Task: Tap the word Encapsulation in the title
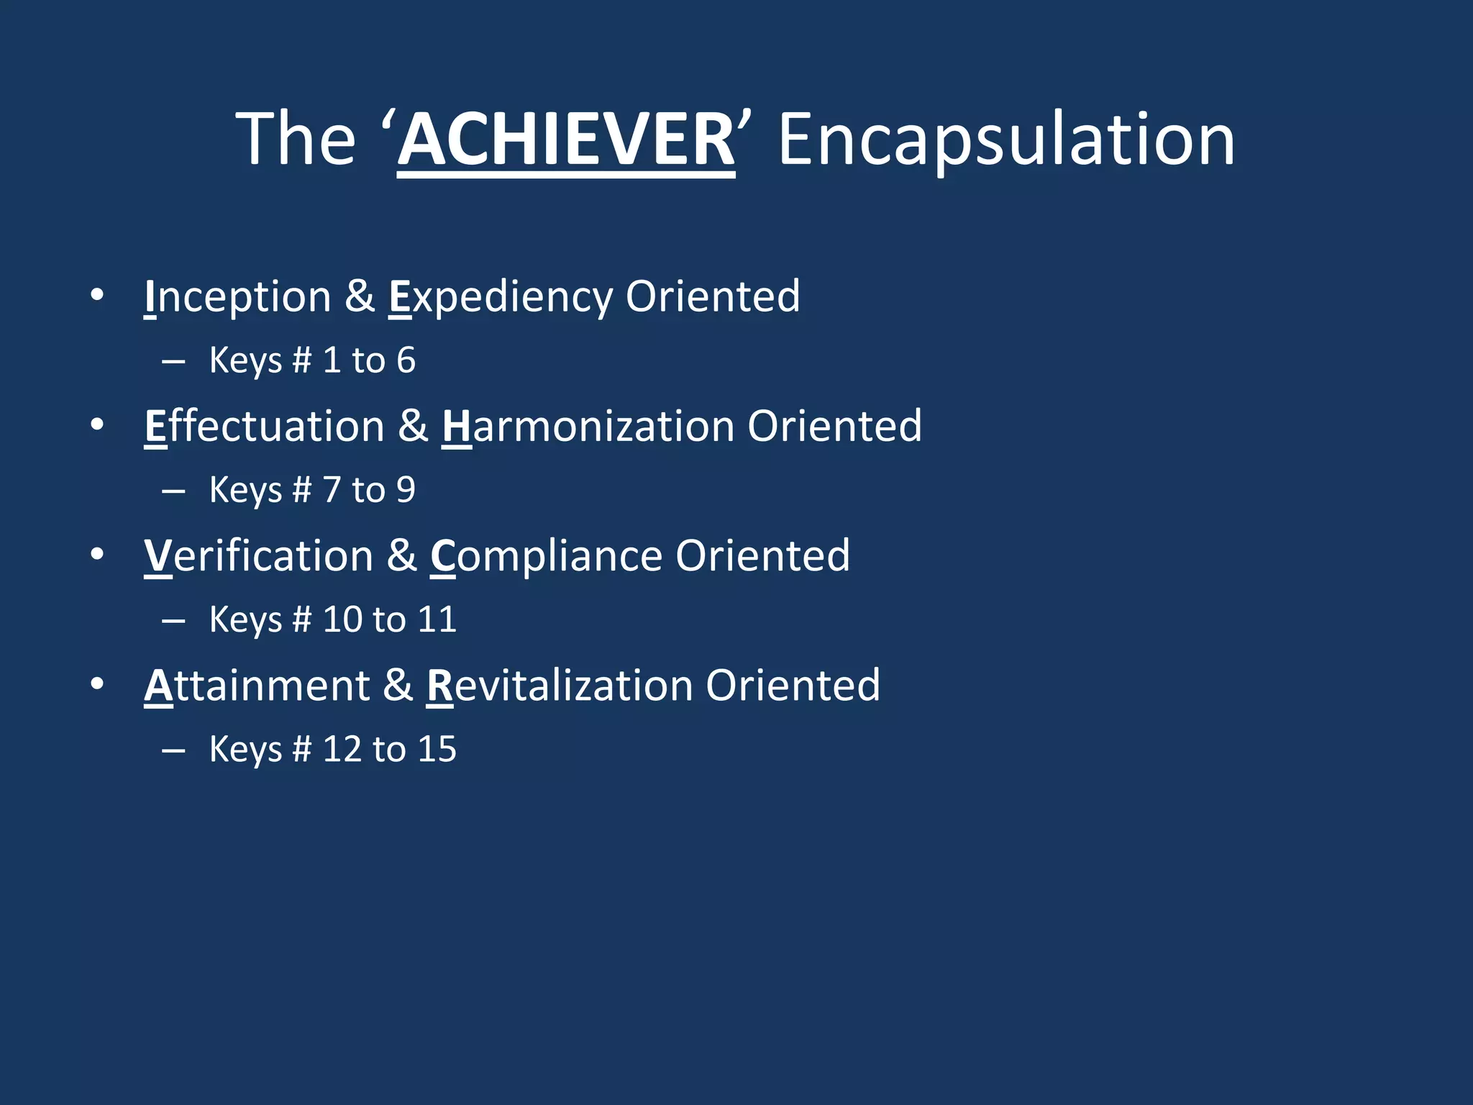click(x=1006, y=140)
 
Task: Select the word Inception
click(x=237, y=296)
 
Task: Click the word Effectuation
click(x=264, y=426)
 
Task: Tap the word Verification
click(x=258, y=555)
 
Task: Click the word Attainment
click(x=257, y=685)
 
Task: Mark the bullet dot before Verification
click(x=97, y=555)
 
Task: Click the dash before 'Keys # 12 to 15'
click(x=173, y=751)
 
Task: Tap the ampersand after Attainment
click(x=398, y=685)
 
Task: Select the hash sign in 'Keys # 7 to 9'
click(x=302, y=490)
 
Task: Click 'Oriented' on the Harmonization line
click(x=834, y=426)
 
